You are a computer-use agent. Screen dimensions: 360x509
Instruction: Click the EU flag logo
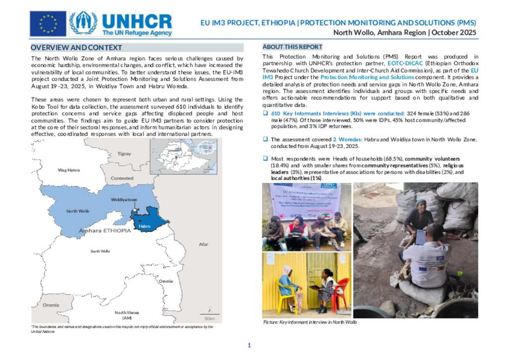point(48,24)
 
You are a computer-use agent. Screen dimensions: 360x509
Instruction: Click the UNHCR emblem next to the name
point(84,23)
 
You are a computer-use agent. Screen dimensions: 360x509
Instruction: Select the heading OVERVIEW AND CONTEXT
point(76,48)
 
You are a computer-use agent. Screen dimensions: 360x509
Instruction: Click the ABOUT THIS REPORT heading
point(292,47)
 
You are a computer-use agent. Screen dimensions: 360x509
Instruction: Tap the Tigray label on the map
point(124,154)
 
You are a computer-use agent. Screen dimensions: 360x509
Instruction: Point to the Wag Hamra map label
point(69,170)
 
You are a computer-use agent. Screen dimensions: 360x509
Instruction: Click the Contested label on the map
point(122,178)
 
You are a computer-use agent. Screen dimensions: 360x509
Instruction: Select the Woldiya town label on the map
point(124,199)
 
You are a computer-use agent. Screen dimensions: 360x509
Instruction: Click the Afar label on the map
point(204,244)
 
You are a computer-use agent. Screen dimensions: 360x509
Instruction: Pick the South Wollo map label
point(100,251)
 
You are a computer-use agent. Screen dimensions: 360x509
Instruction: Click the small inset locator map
point(183,156)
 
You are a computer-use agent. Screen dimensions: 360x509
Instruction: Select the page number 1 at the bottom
point(250,346)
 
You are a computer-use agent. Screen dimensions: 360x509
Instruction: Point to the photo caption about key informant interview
point(310,322)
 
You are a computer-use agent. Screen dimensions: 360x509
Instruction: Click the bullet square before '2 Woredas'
point(265,139)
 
